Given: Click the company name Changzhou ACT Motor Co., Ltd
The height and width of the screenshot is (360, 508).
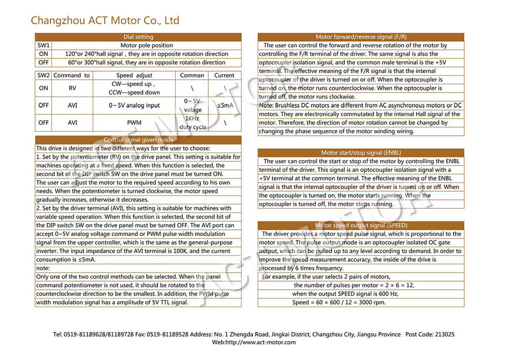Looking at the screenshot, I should coord(105,20).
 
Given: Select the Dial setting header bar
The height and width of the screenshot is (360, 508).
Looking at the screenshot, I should coord(138,37).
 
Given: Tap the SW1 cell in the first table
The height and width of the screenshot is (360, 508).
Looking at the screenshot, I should coord(43,45).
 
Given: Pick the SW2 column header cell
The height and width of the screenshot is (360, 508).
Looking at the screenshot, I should coord(44,75).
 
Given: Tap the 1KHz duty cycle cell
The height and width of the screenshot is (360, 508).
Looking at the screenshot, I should coord(193,123).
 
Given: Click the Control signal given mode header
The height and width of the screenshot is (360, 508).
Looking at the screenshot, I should coord(138,140).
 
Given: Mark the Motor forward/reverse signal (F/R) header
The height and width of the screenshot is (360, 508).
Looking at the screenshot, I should coord(361,37).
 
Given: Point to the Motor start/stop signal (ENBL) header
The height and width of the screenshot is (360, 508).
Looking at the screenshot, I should coord(361,153).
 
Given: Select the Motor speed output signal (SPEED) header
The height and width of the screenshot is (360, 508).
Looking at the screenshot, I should coord(361,225).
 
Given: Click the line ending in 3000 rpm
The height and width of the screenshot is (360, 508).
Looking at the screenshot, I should coord(339,303).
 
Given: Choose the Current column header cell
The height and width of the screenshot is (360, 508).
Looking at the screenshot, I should coord(224,75).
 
